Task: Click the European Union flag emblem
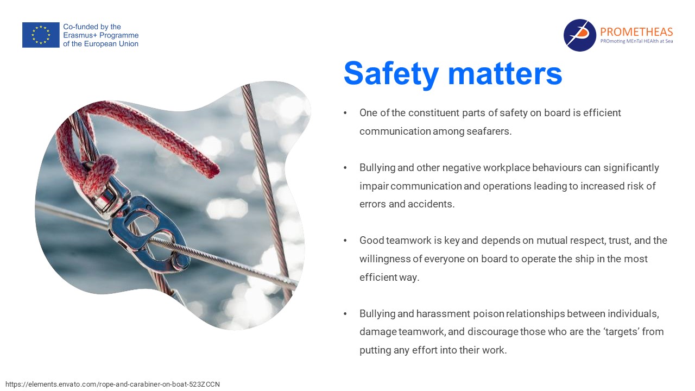pos(41,35)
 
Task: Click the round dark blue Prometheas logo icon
pos(579,35)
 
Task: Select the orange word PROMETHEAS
pos(636,31)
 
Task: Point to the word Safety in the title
pos(391,74)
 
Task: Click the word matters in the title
pos(505,74)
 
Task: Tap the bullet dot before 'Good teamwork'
pos(345,241)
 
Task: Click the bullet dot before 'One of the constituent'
pos(345,113)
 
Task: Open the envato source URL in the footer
pos(112,384)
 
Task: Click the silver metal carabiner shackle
pos(143,230)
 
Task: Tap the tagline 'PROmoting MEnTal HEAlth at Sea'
pos(636,41)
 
